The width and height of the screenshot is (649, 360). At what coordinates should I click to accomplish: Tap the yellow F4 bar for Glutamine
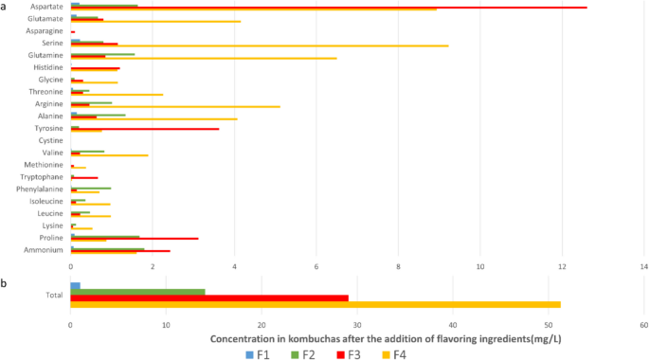coord(204,59)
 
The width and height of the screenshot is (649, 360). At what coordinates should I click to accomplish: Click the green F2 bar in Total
coord(138,292)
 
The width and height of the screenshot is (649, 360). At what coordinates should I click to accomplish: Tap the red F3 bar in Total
coord(209,298)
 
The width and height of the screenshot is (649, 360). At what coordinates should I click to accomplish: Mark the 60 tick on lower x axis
coord(644,327)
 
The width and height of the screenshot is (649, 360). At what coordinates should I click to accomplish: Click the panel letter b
coord(5,282)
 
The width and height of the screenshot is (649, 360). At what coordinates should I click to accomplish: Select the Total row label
coord(54,295)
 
